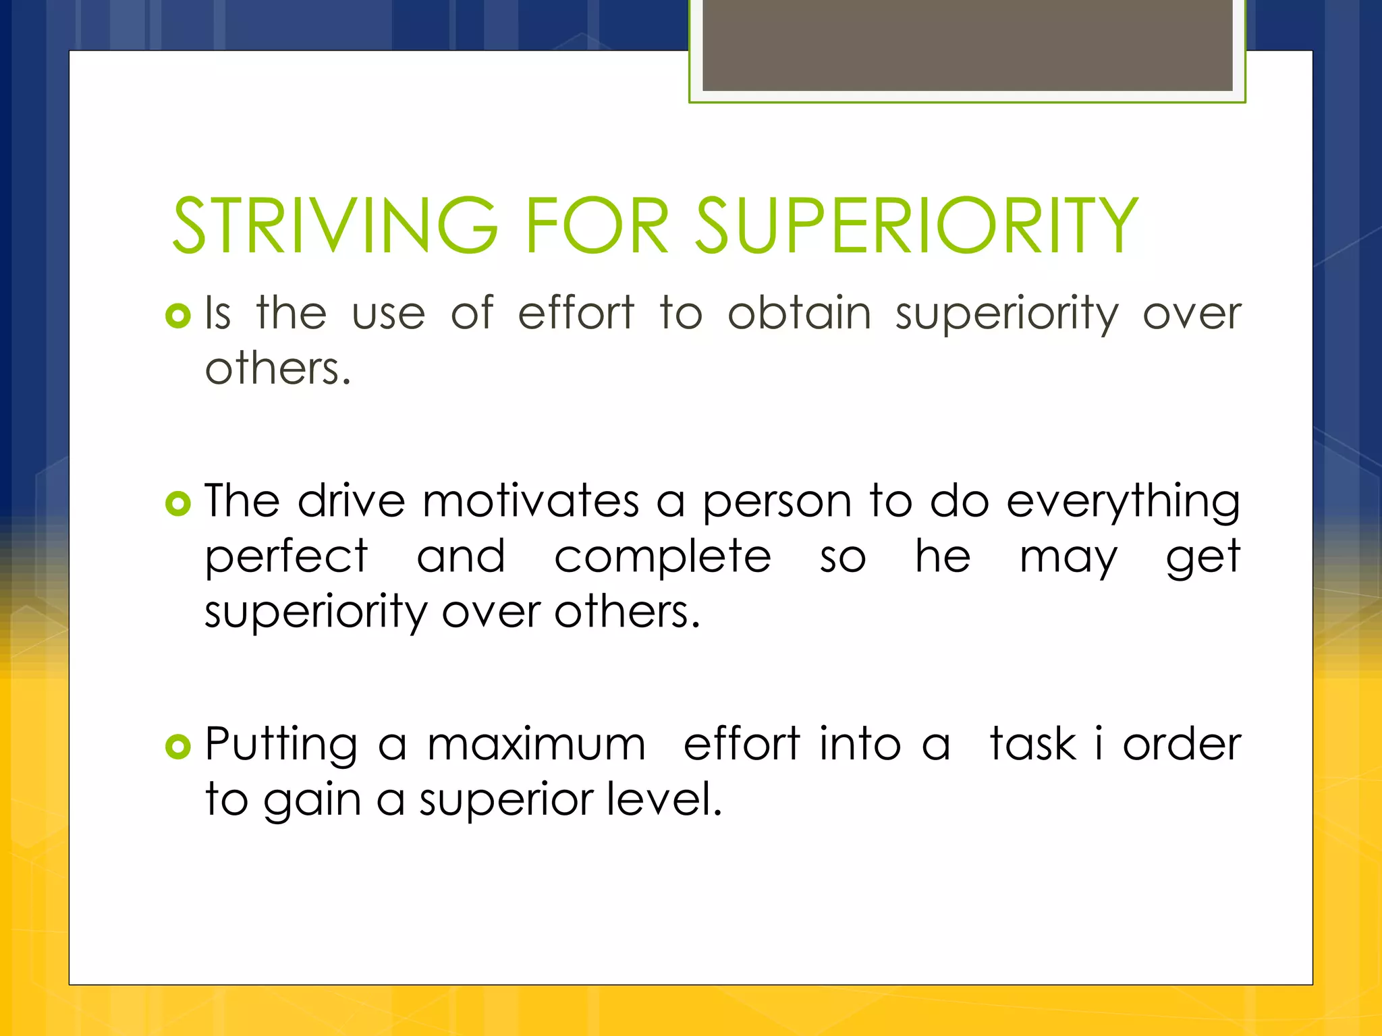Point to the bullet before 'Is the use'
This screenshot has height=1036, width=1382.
[x=178, y=315]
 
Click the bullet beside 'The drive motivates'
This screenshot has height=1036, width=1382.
[x=178, y=503]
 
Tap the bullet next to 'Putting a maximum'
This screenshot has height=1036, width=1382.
[x=178, y=746]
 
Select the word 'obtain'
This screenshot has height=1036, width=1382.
[x=800, y=313]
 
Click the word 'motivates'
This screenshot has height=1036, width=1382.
[x=531, y=501]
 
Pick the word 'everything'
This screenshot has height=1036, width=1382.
[x=1123, y=502]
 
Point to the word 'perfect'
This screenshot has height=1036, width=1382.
[x=287, y=557]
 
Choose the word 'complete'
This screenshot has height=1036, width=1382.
[x=663, y=558]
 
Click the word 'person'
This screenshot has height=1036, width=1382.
[x=777, y=502]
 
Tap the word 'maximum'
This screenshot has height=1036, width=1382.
[x=537, y=745]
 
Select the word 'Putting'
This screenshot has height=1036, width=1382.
[x=281, y=745]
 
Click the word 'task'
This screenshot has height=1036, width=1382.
[x=1032, y=744]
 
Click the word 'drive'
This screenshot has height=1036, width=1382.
[x=352, y=501]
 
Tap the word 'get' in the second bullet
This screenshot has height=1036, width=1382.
[x=1203, y=558]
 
